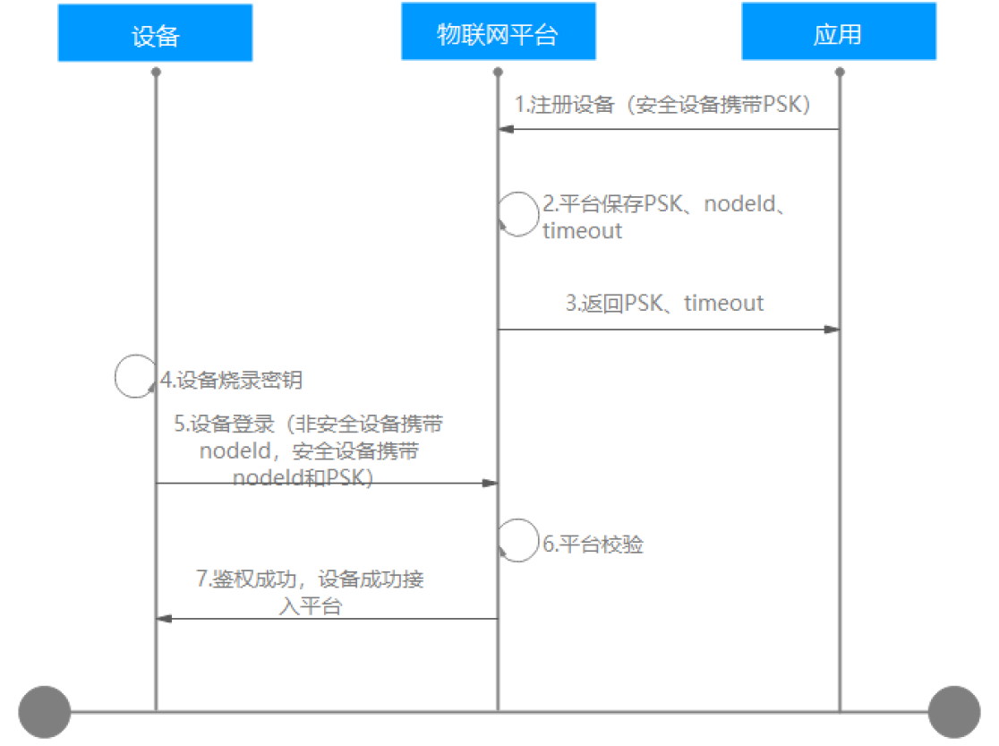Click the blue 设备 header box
tap(155, 33)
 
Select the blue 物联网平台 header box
tap(498, 33)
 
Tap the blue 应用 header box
tap(839, 33)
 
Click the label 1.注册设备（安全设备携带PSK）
tap(662, 104)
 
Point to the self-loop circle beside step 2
tap(518, 214)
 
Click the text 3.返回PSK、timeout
tap(664, 303)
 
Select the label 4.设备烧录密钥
tap(232, 380)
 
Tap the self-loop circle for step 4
tap(136, 375)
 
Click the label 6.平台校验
tap(593, 544)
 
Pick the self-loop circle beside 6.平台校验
tap(518, 540)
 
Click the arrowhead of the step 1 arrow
tap(506, 130)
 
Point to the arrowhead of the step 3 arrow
tap(832, 330)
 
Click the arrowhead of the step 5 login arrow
tap(490, 484)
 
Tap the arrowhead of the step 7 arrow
tap(164, 619)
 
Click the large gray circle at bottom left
tap(44, 712)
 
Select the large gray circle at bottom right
tap(954, 712)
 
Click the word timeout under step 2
tap(582, 231)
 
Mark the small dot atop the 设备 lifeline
tap(156, 70)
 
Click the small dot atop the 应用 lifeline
tap(840, 70)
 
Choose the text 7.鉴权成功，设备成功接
tap(310, 579)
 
